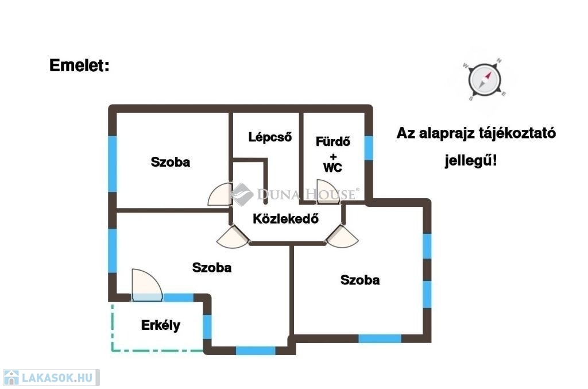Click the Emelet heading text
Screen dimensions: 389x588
tap(79, 66)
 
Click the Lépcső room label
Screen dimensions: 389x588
tap(270, 137)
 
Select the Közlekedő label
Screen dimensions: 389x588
tap(285, 219)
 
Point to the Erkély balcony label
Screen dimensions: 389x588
tap(160, 326)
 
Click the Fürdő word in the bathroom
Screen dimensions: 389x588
tap(332, 141)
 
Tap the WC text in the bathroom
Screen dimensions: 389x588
tap(332, 168)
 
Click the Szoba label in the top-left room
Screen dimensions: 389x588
tap(170, 162)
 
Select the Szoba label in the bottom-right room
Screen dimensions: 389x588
tap(360, 280)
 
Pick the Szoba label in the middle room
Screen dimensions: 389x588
tap(212, 267)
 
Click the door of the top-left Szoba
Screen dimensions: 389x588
tap(219, 195)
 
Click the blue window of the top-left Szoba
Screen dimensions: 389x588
tap(113, 164)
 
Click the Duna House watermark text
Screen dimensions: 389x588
tap(307, 195)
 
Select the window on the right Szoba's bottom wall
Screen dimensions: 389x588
tap(380, 338)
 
